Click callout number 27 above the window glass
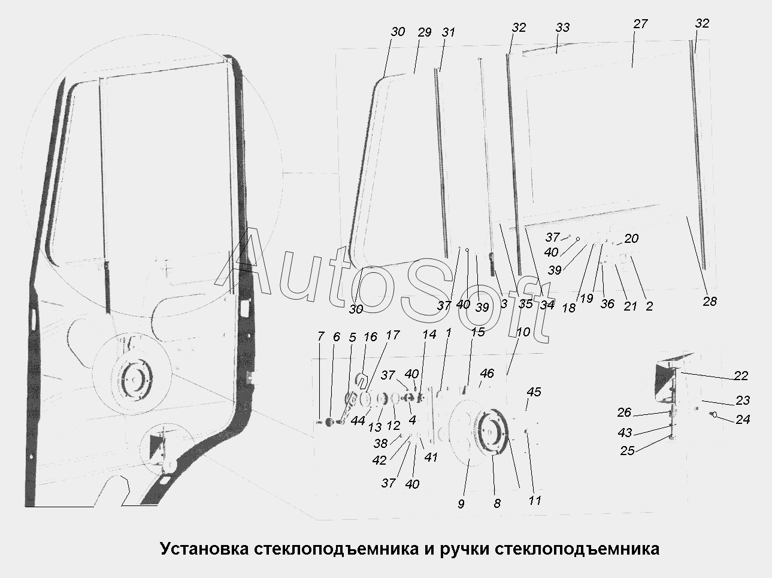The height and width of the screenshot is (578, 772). (x=640, y=24)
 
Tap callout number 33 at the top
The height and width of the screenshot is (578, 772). (x=562, y=28)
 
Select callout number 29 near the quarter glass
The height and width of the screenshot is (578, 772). (x=425, y=32)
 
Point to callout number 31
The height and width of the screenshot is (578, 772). (x=449, y=32)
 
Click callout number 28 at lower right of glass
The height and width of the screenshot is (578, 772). (x=710, y=302)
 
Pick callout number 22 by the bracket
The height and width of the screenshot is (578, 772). (x=741, y=376)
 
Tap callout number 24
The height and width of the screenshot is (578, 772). (x=743, y=419)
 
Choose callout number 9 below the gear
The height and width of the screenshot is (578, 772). (x=461, y=504)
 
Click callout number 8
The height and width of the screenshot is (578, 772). (x=496, y=504)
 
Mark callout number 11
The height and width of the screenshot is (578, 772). (x=535, y=501)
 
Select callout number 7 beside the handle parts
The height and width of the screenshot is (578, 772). (x=320, y=336)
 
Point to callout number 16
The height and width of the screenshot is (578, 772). (x=370, y=337)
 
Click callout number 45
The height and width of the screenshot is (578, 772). (x=534, y=392)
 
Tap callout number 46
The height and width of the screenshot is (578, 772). (x=487, y=373)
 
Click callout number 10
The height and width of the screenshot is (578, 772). (x=523, y=332)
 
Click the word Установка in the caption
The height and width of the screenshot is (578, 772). (x=205, y=549)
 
